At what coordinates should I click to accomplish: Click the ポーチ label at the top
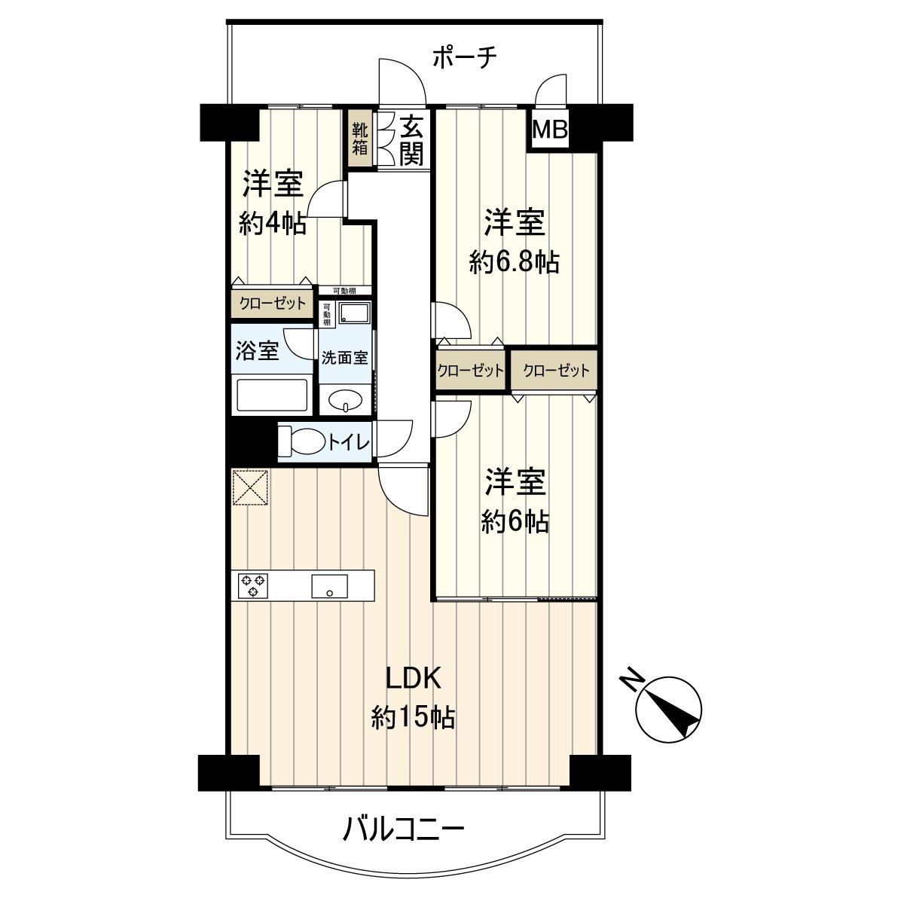coord(465,58)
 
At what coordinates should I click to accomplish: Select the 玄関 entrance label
coord(411,140)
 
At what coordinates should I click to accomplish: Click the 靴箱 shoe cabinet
coord(360,139)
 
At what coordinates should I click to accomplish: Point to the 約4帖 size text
coord(273,224)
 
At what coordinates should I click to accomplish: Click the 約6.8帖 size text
coord(514,262)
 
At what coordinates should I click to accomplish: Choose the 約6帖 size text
coord(515,521)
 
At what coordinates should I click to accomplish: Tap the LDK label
coord(413,678)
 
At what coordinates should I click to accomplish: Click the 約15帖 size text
coord(413,718)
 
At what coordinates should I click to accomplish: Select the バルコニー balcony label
coord(404,830)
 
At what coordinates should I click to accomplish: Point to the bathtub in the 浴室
coord(272,395)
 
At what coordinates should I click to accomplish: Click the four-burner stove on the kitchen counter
coord(252,585)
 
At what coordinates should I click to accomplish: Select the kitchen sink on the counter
coord(329,585)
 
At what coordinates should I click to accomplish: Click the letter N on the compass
coord(632,680)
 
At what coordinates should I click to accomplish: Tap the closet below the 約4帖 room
coord(272,304)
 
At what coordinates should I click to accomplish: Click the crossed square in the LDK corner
coord(250,487)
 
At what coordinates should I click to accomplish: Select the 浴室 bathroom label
coord(258,351)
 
